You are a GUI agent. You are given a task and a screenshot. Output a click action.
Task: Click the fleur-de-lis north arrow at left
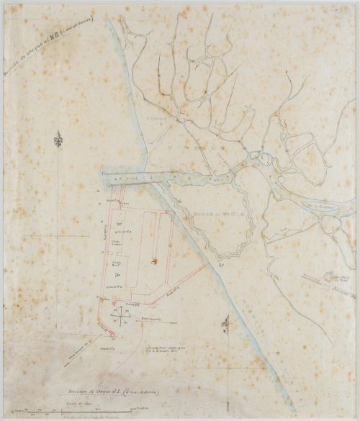(x=58, y=138)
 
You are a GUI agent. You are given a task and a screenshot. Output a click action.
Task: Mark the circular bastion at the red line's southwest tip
(x=112, y=334)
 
